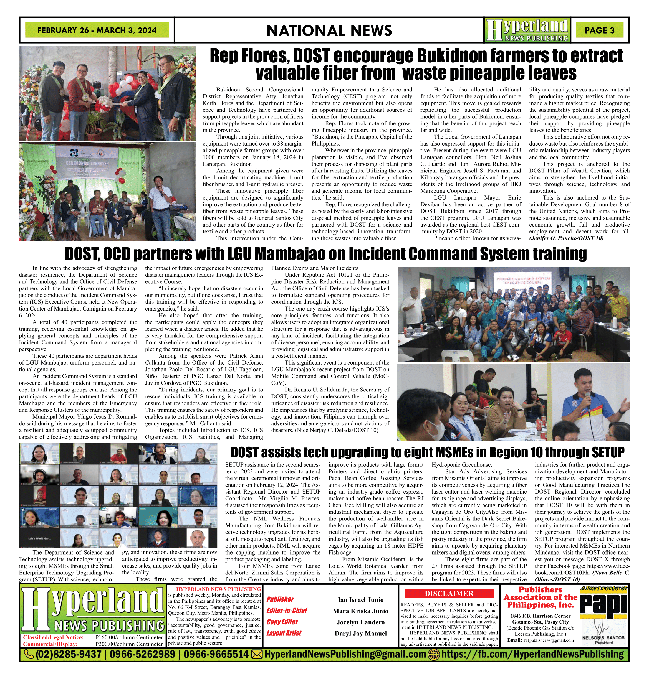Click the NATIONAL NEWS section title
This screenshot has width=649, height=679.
(329, 30)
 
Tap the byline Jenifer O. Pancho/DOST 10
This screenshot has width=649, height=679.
(566, 238)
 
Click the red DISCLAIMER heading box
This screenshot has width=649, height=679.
(449, 594)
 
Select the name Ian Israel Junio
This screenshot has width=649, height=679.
(360, 600)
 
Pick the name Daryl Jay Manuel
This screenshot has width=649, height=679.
(360, 633)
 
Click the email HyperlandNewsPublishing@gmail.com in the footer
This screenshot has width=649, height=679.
(345, 654)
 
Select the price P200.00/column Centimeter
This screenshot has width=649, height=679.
(129, 644)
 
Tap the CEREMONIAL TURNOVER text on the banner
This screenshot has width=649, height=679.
(87, 163)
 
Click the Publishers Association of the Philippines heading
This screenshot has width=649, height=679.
(541, 597)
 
